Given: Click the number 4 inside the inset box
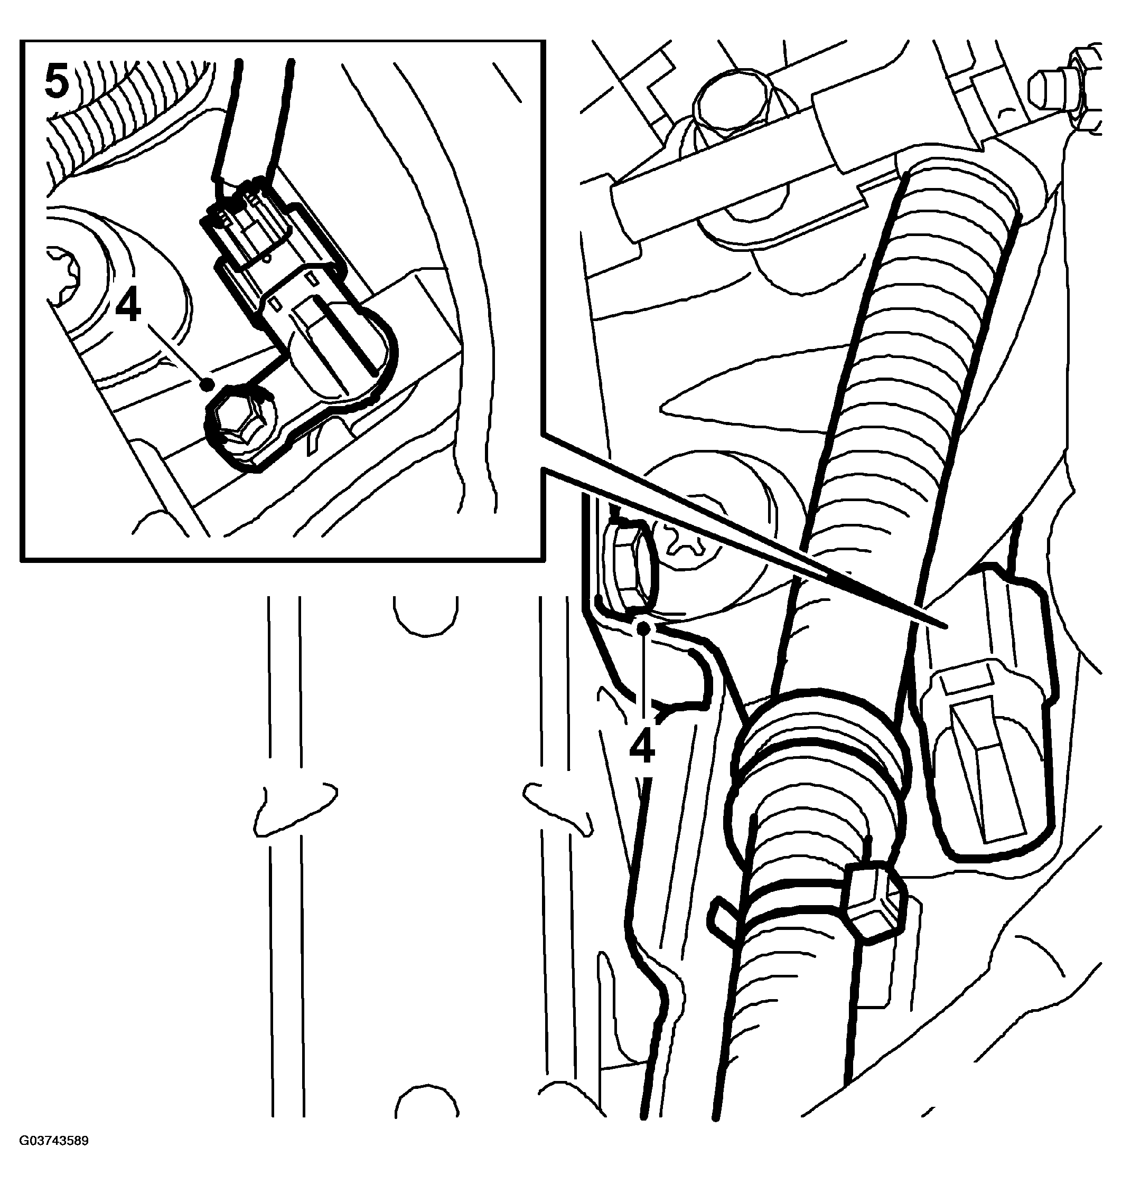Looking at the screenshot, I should coord(128,308).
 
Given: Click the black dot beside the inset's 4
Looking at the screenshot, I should coord(208,384).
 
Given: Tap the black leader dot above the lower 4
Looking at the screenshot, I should coord(643,628).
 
